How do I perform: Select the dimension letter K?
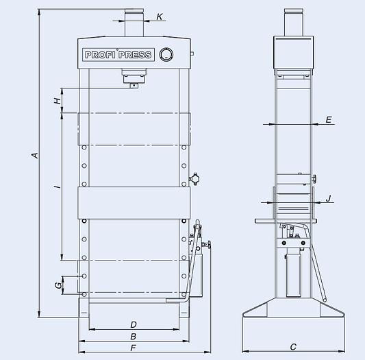click(160, 16)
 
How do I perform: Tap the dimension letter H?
click(58, 101)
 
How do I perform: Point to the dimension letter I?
click(58, 185)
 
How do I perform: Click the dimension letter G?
click(58, 284)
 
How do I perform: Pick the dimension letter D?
click(134, 324)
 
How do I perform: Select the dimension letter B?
click(134, 336)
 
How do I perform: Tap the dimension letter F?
click(134, 348)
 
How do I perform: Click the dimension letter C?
click(292, 347)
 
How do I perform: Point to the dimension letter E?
click(329, 120)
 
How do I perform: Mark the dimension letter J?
click(329, 199)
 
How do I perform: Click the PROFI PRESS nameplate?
click(118, 55)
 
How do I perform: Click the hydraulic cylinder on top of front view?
click(133, 24)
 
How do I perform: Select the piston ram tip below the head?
click(133, 84)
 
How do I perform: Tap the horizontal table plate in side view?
click(288, 220)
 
